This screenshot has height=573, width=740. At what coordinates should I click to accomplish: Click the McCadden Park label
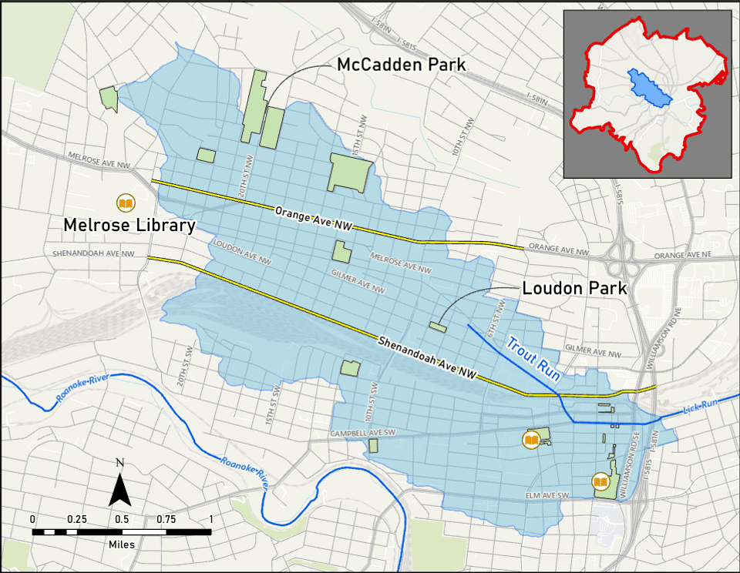point(401,65)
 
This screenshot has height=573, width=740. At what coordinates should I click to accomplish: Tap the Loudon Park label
point(574,289)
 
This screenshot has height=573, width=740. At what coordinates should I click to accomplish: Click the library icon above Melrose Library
point(125,203)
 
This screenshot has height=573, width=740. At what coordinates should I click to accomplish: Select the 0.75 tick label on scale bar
point(166,519)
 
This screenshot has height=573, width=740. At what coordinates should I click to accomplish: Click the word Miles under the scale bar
point(121,545)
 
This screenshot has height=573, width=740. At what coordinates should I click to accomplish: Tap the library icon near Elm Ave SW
point(600,482)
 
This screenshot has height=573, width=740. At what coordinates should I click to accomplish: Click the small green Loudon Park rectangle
point(438,327)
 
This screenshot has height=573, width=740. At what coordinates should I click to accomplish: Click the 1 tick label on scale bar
point(210,519)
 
